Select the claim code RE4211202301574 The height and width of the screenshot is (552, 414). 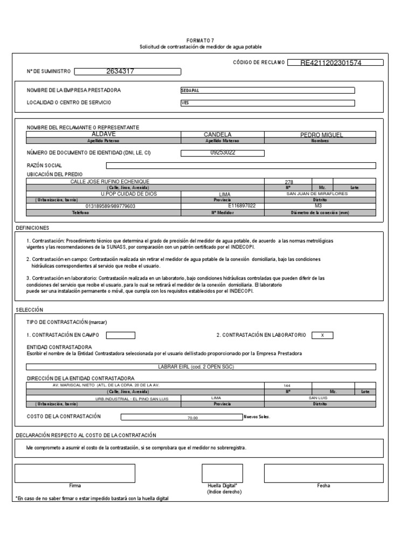click(332, 63)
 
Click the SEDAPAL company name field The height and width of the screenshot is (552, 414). click(267, 91)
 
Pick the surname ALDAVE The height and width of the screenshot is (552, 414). click(103, 133)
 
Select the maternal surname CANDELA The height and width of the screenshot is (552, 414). click(218, 134)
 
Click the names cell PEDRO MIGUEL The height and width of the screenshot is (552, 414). click(321, 134)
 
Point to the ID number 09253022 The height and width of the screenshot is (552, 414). click(222, 153)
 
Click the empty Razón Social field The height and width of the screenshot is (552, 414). click(241, 165)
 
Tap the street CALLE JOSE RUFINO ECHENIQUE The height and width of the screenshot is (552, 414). click(110, 182)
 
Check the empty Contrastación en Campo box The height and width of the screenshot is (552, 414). click(121, 335)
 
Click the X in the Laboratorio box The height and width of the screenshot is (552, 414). click(322, 335)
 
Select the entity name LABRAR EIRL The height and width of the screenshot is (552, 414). click(197, 367)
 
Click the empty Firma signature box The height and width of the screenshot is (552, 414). click(75, 473)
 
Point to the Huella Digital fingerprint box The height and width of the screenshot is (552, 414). click(222, 473)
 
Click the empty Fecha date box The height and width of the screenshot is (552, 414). click(323, 473)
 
